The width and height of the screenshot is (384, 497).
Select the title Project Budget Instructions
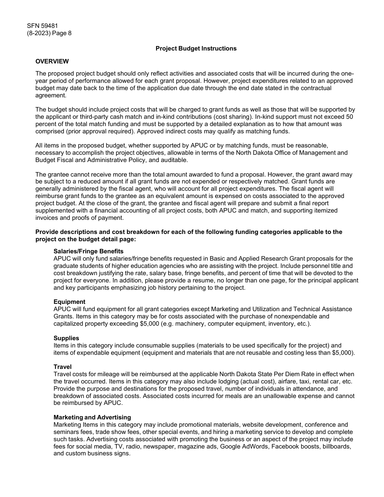pyautogui.click(x=196, y=48)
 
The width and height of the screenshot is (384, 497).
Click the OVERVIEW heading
pyautogui.click(x=52, y=61)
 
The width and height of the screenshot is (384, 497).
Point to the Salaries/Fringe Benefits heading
pyautogui.click(x=89, y=251)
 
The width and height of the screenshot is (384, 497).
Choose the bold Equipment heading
pyautogui.click(x=70, y=302)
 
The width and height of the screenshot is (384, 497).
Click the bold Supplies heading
pyautogui.click(x=66, y=338)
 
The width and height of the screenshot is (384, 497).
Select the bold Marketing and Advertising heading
pyautogui.click(x=92, y=417)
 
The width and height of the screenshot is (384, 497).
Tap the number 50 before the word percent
pyautogui.click(x=350, y=117)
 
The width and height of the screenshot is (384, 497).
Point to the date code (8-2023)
pyautogui.click(x=40, y=34)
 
